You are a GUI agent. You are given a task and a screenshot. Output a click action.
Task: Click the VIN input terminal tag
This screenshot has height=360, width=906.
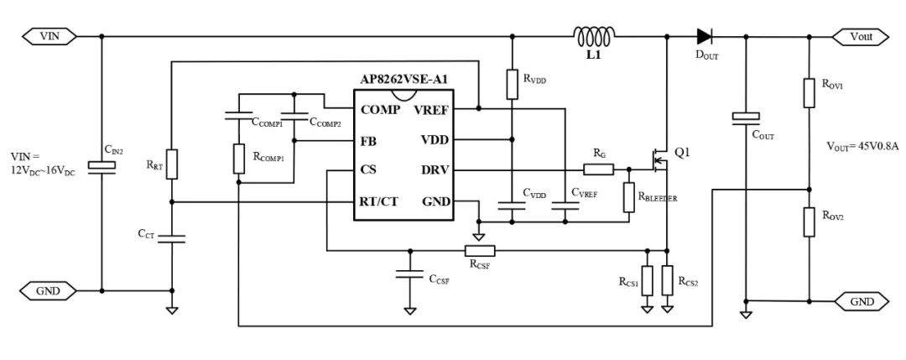click(x=49, y=36)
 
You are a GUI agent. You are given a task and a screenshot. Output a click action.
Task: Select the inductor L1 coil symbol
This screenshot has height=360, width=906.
click(x=593, y=36)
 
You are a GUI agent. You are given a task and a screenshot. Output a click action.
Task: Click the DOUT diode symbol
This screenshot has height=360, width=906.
click(x=705, y=36)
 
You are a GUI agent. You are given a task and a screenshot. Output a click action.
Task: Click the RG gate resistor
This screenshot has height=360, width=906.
click(x=598, y=170)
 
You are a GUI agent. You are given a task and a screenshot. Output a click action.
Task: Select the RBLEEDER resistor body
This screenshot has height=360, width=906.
click(x=629, y=198)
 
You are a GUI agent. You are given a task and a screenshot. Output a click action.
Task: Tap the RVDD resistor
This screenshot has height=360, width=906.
click(x=512, y=85)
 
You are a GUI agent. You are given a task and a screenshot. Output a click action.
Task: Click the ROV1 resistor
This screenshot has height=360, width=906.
click(x=809, y=92)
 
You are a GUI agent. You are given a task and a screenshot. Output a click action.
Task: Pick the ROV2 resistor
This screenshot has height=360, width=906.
click(x=809, y=222)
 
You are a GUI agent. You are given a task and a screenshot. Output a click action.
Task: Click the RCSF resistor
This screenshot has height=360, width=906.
click(x=480, y=250)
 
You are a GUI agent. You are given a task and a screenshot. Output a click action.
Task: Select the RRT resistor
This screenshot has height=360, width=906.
click(x=172, y=164)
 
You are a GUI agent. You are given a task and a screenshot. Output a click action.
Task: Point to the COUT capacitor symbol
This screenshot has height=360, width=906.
click(x=746, y=117)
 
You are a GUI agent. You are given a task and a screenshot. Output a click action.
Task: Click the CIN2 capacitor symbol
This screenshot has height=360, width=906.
click(x=102, y=166)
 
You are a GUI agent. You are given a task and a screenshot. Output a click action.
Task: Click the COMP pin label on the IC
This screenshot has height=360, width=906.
click(x=380, y=109)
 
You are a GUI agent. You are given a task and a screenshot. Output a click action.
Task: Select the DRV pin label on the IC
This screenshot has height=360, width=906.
click(x=435, y=170)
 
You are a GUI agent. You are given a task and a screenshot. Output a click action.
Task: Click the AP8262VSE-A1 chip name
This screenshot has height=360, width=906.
click(x=404, y=81)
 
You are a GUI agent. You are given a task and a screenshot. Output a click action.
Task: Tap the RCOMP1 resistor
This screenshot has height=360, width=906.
click(x=238, y=159)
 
